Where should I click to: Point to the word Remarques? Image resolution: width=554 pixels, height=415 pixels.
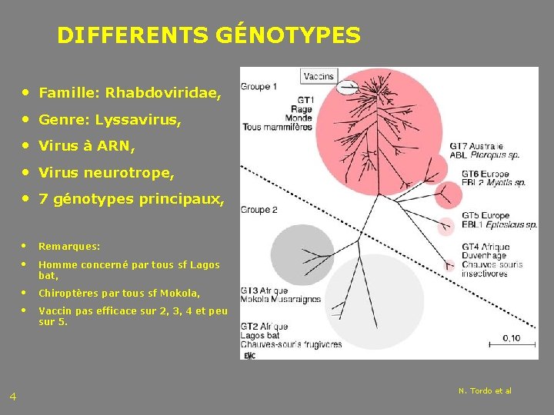point(69,247)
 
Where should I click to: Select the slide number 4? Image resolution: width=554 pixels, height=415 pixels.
point(13,397)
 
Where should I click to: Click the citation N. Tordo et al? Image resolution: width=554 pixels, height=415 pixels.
point(485,391)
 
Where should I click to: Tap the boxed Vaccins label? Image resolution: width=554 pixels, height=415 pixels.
point(319,76)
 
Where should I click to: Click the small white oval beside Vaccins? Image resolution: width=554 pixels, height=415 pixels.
point(349,86)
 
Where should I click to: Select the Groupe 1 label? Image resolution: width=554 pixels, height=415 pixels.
point(260,87)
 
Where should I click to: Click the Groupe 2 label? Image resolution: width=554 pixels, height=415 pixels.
point(260,210)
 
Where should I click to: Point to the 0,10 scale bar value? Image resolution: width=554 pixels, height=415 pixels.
point(510,337)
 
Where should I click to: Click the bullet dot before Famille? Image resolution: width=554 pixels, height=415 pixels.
point(28,93)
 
